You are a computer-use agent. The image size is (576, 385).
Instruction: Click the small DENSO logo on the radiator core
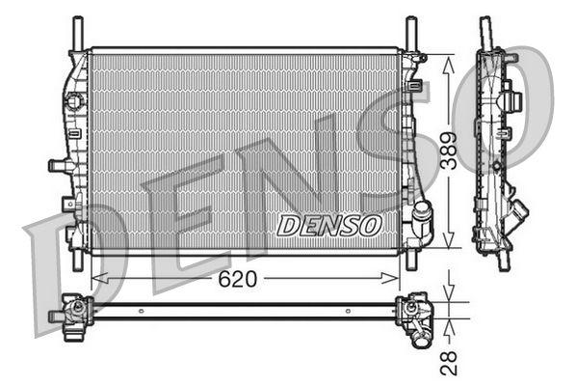pyautogui.click(x=329, y=225)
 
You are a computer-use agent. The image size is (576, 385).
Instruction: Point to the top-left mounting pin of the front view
pyautogui.click(x=74, y=31)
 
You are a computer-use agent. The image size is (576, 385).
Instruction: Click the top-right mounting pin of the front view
pyautogui.click(x=410, y=31)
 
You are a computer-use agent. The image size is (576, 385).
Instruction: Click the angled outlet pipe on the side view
pyautogui.click(x=519, y=209)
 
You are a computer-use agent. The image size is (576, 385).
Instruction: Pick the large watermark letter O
pyautogui.click(x=515, y=111)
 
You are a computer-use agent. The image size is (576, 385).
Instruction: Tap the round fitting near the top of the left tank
pyautogui.click(x=71, y=100)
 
